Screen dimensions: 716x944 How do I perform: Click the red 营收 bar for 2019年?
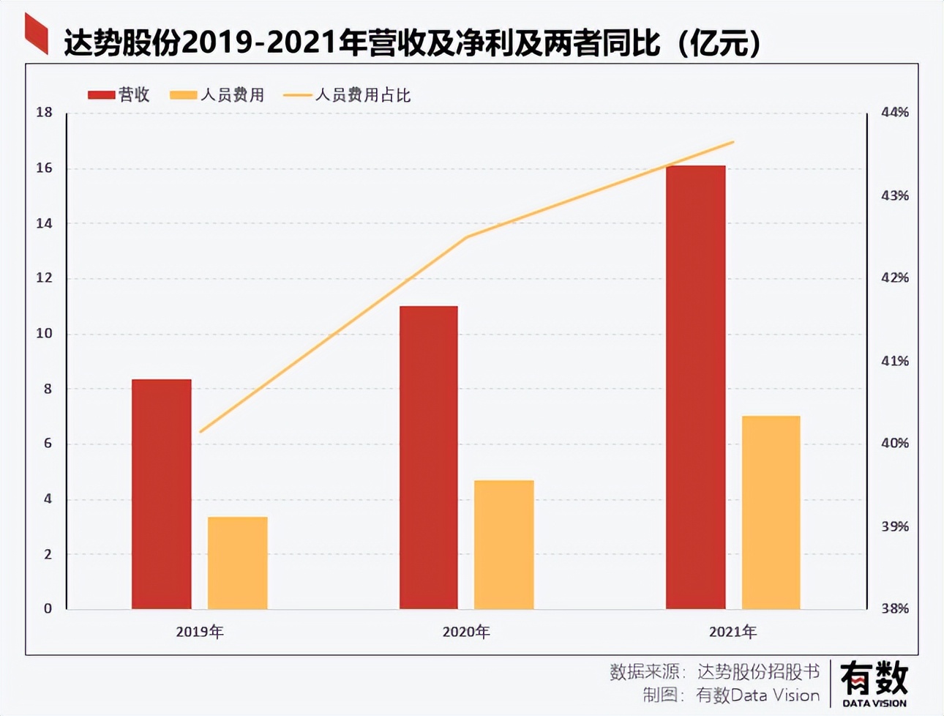tap(162, 494)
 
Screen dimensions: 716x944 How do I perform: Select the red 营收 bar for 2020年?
tap(429, 458)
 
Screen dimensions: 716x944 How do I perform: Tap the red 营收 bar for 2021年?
tap(696, 387)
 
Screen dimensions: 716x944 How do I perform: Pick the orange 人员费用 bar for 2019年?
tap(238, 563)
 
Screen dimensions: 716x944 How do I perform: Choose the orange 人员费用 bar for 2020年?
tap(504, 545)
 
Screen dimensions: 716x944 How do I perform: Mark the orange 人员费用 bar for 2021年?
tap(771, 512)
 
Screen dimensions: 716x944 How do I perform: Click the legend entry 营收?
tap(119, 95)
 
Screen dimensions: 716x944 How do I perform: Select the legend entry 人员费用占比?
tap(347, 95)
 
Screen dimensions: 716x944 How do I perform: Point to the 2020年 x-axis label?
tap(466, 632)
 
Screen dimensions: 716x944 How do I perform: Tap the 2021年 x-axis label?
tap(733, 632)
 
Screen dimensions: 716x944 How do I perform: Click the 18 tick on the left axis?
tap(45, 113)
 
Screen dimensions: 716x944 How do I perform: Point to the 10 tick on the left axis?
tap(45, 334)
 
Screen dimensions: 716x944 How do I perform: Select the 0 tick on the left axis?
tap(48, 609)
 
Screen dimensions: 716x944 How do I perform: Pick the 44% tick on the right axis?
tap(894, 113)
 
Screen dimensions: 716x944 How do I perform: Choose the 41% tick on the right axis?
tap(894, 361)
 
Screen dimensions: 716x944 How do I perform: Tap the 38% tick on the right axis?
tap(894, 609)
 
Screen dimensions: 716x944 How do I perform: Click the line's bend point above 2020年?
tap(467, 237)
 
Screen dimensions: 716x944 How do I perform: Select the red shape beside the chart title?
tap(36, 34)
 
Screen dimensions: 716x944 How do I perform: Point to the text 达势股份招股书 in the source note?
tap(758, 671)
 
